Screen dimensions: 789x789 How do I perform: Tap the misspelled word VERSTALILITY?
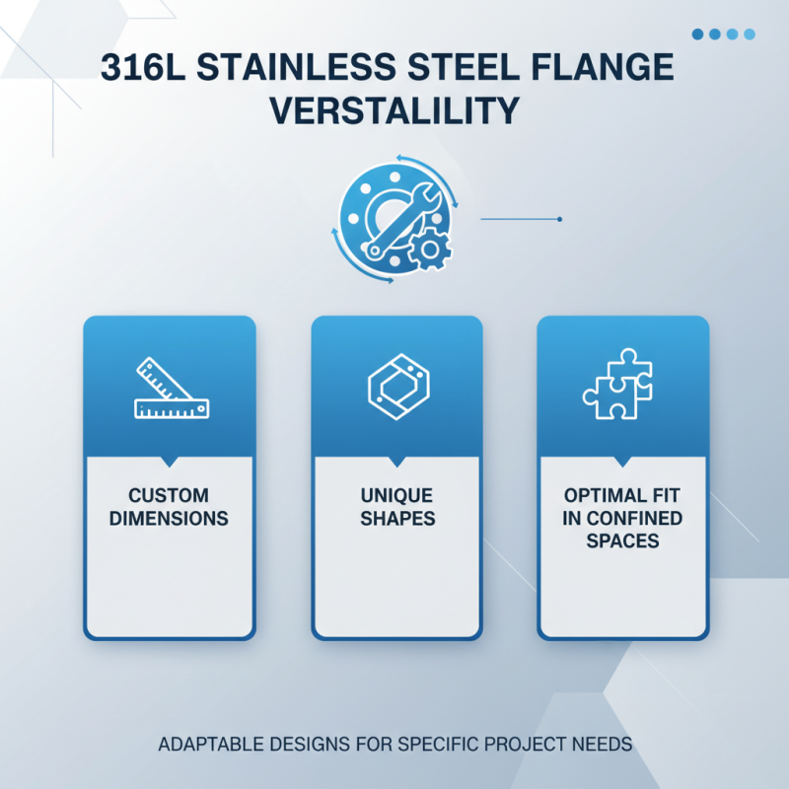coord(394,110)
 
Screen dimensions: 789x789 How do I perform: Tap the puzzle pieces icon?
coord(618,387)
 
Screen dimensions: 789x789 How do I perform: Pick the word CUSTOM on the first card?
coord(169,495)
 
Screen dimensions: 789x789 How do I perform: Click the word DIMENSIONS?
coord(169,519)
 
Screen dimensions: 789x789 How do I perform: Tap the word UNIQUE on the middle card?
coord(396,495)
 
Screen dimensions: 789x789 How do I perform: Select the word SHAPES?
coord(396,519)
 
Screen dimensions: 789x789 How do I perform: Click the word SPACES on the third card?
coord(622,541)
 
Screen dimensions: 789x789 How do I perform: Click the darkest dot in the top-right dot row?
coord(698,35)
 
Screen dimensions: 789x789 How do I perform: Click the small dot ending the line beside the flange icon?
coord(559,219)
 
